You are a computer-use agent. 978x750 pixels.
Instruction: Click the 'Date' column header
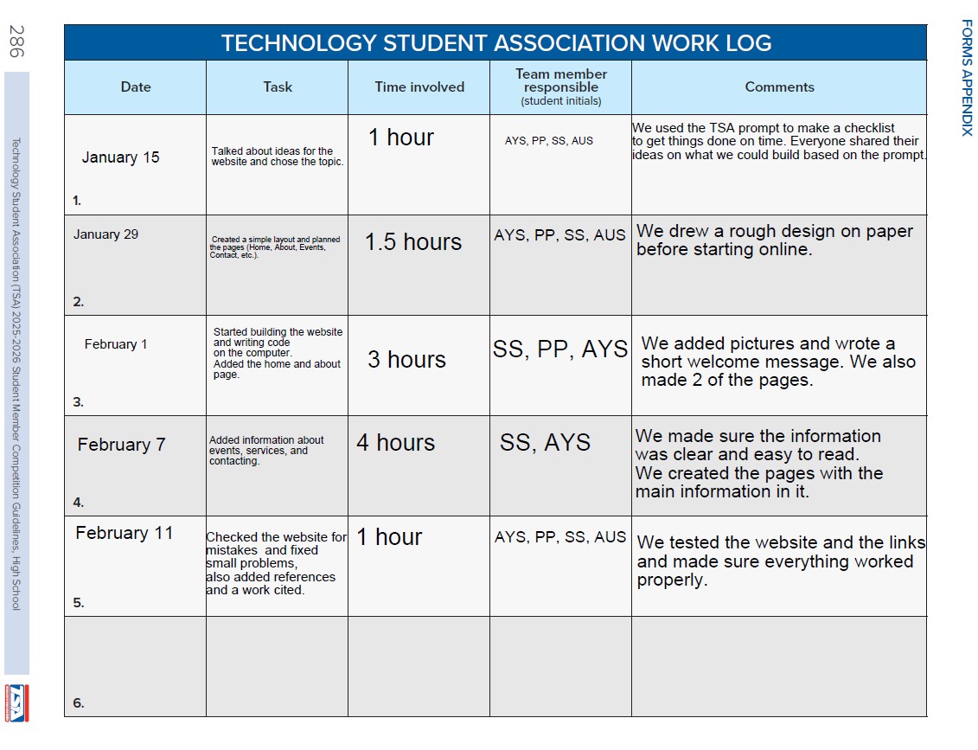click(136, 87)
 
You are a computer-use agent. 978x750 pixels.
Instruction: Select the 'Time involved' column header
click(419, 87)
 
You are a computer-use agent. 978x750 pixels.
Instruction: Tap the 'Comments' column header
click(779, 87)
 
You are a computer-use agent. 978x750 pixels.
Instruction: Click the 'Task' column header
click(278, 87)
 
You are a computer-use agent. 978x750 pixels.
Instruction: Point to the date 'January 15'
click(121, 157)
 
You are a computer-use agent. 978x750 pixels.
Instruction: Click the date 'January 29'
click(105, 234)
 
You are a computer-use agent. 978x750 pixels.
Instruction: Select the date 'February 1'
click(116, 344)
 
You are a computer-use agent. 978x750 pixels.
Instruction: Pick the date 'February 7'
click(121, 445)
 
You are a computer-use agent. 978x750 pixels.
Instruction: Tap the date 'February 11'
click(125, 533)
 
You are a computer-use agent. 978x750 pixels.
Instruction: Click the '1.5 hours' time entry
click(413, 242)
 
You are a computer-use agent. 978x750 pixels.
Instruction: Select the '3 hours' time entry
click(406, 360)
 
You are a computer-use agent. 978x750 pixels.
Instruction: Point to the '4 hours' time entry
click(395, 443)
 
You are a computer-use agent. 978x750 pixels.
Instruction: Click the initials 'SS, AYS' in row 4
click(545, 443)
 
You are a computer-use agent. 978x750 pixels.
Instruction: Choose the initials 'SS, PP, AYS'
click(560, 349)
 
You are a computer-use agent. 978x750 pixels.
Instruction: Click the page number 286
click(16, 41)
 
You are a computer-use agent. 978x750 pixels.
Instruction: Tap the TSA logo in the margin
click(16, 702)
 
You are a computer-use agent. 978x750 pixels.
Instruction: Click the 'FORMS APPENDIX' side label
click(967, 77)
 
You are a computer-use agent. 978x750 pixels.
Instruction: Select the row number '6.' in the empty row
click(79, 703)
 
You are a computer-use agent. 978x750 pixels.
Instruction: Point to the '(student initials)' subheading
click(561, 101)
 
